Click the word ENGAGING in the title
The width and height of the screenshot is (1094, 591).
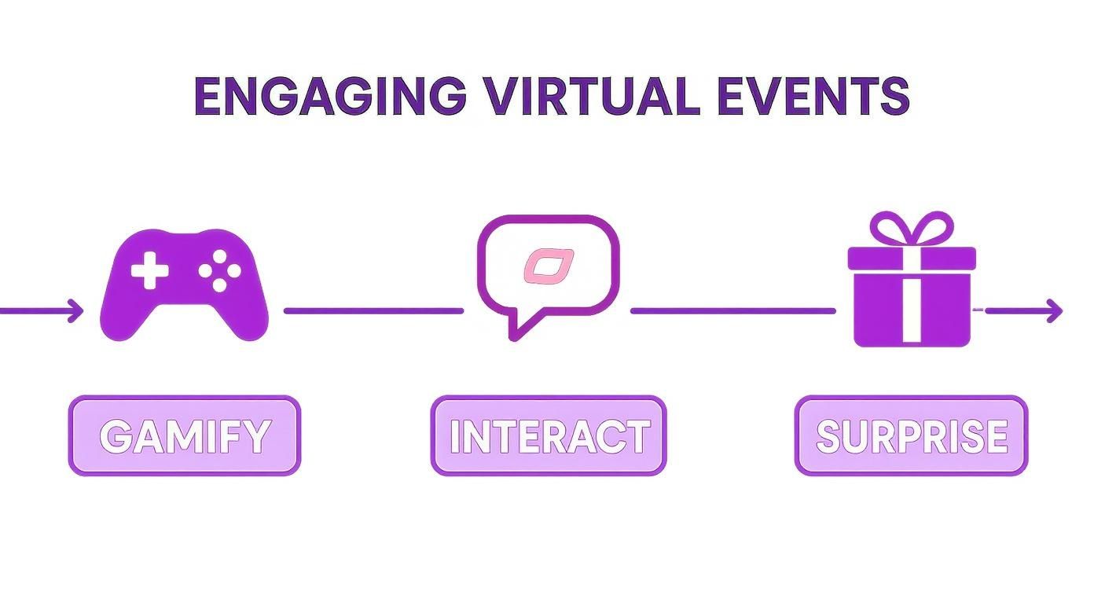coord(329,97)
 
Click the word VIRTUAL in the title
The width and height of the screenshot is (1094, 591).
coord(591,97)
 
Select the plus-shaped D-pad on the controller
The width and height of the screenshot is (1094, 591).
coord(149,272)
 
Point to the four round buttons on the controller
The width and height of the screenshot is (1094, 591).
coord(219,270)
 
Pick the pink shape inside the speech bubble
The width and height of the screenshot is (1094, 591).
coord(549,266)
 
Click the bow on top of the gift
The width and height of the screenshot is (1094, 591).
coord(912,229)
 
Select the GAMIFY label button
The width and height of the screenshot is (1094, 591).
coord(185,436)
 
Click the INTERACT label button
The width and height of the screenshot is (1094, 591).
coord(549,436)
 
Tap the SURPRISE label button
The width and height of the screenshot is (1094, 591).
coord(912,436)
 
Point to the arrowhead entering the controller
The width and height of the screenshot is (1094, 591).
coord(76,310)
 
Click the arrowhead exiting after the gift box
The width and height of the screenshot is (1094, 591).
coord(1055,311)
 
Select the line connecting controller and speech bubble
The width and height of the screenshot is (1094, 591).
coord(373,311)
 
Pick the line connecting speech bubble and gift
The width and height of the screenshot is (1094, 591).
coord(732,311)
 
